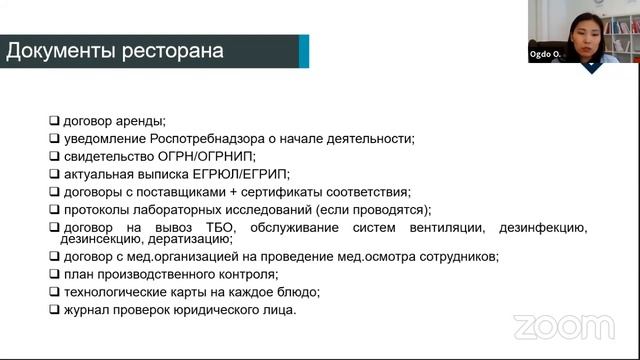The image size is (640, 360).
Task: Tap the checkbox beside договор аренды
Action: point(54,121)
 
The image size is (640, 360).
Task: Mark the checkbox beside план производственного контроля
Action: point(54,274)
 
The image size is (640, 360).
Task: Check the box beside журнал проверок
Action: point(54,310)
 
